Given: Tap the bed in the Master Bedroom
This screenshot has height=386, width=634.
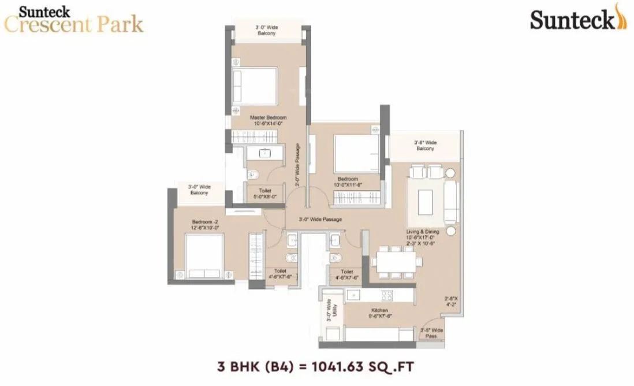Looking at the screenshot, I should [254, 86].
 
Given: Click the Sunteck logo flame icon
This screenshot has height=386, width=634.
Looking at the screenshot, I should [619, 16].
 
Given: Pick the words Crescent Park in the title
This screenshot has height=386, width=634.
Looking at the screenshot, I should [73, 25].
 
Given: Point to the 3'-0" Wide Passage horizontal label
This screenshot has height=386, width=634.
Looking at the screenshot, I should [320, 220].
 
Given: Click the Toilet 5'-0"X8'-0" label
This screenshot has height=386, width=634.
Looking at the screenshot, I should [259, 194].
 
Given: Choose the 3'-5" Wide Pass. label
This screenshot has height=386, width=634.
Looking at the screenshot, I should [432, 333].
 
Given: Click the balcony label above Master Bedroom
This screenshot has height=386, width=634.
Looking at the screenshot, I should [266, 31].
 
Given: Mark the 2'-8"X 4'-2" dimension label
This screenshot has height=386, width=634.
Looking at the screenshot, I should [451, 302].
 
